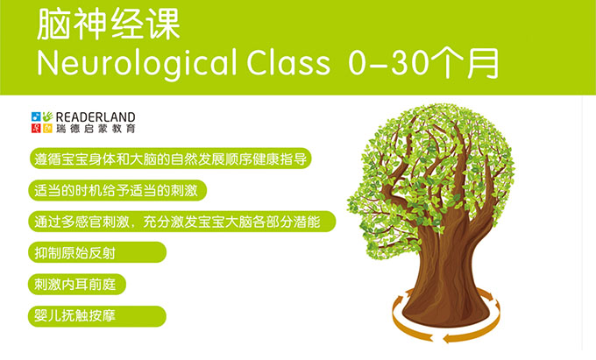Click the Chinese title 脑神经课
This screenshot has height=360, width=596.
[109, 25]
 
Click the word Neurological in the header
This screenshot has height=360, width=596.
[137, 64]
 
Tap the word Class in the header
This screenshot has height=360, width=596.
[288, 62]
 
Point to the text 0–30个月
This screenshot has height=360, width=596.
[423, 63]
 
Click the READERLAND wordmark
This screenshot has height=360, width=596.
[96, 117]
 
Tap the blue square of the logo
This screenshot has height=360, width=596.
[36, 116]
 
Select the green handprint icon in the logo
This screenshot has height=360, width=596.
[47, 116]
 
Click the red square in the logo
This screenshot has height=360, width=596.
[36, 128]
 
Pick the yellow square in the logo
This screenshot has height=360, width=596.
[47, 128]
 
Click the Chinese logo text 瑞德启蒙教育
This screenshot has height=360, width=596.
[96, 129]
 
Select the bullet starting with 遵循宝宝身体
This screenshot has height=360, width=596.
[170, 159]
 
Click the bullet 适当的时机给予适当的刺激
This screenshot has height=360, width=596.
[117, 190]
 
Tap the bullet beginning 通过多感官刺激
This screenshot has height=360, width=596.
[182, 222]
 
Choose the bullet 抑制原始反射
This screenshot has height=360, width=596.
[97, 252]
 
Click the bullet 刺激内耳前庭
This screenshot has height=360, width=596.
[77, 284]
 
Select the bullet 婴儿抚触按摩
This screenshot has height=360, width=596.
[97, 316]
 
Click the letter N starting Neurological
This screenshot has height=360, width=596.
[47, 63]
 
